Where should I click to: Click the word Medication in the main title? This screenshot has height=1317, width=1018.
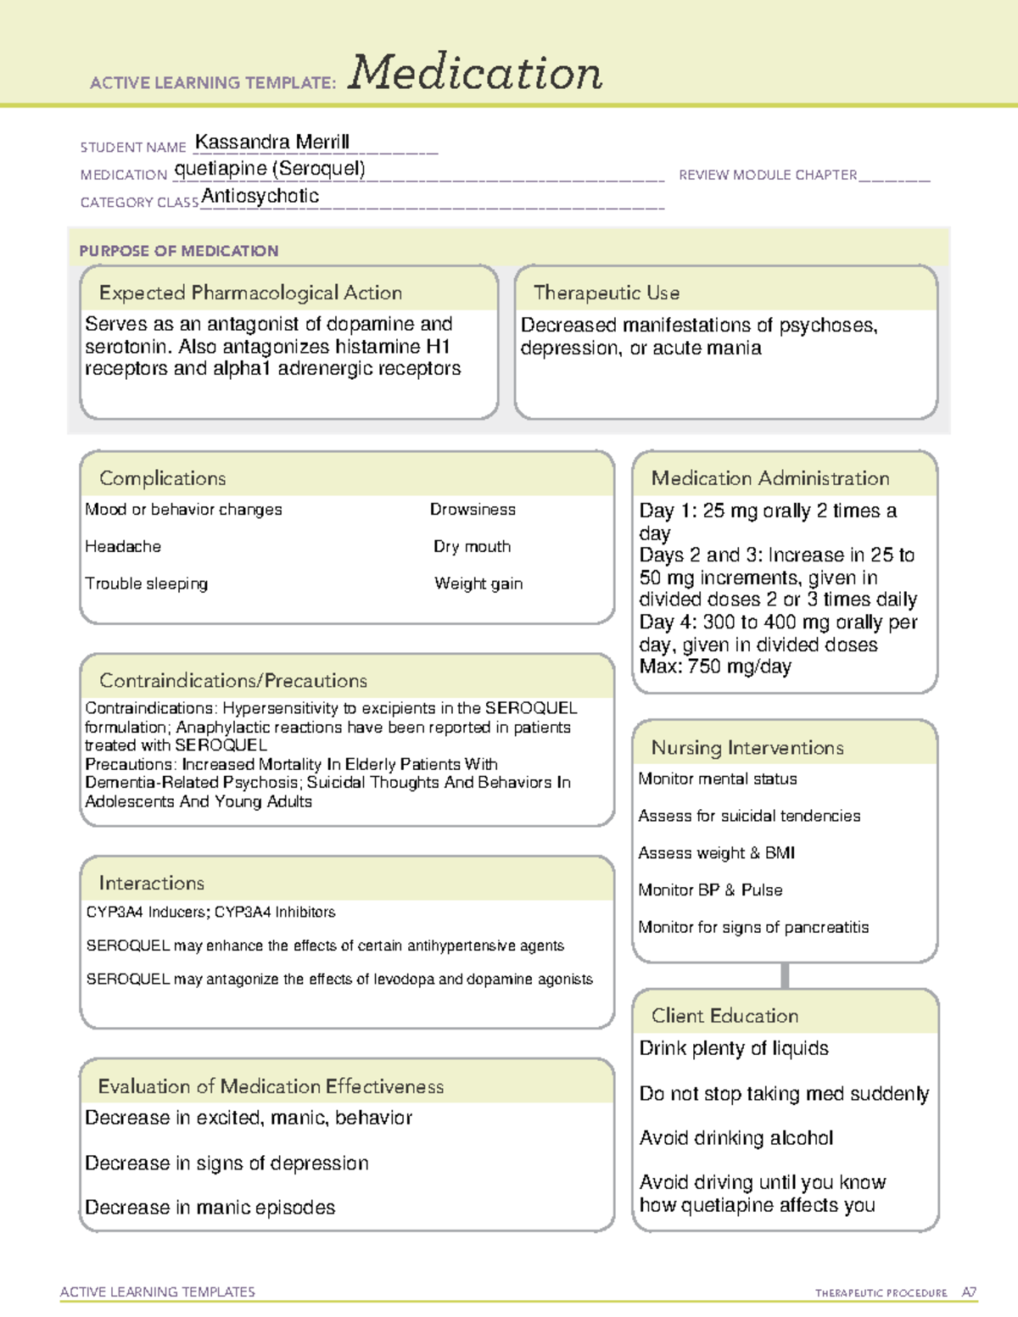coord(475,73)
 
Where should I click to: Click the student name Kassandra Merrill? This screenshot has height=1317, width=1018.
coord(272,142)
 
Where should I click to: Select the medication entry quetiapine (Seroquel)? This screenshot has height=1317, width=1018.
coord(270,169)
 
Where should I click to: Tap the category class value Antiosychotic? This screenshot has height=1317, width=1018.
coord(260,196)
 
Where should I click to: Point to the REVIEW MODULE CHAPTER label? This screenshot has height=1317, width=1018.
coord(768,175)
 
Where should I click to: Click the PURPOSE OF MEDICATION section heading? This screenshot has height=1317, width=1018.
coord(179,251)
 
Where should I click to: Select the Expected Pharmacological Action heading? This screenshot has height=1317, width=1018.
coord(250,293)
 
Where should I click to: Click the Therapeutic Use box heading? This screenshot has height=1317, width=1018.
coord(607,293)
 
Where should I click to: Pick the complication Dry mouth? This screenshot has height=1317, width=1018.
coord(473,547)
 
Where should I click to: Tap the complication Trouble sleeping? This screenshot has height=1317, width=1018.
coord(147,583)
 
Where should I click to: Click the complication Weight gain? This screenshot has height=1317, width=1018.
coord(478,583)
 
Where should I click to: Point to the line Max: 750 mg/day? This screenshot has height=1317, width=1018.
coord(715,667)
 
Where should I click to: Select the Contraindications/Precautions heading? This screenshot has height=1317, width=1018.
coord(233,681)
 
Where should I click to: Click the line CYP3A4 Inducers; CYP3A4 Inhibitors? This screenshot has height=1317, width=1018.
coord(211,912)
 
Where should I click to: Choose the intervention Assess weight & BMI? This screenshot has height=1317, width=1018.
coord(717,853)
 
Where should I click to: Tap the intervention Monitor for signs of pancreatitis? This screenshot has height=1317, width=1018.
coord(753,927)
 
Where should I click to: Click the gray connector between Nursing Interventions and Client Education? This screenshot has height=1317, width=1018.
coord(785,976)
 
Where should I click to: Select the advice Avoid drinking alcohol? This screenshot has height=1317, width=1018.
coord(736,1138)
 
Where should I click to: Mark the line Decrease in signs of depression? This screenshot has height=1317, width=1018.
coord(227,1164)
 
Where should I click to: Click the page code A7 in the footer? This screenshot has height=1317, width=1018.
coord(969,1292)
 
